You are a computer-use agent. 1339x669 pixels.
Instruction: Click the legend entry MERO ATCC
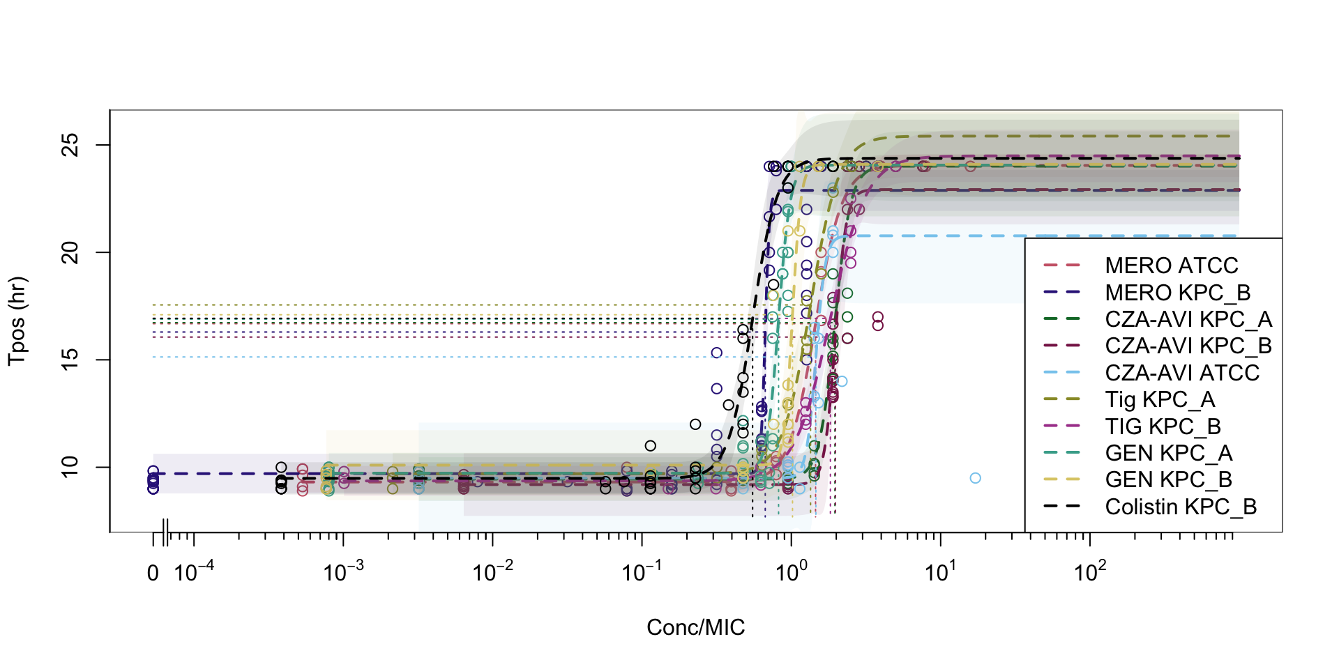(1171, 266)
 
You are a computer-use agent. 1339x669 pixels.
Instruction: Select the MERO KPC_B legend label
(1177, 293)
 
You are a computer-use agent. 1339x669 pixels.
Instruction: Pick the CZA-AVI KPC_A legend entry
(1188, 319)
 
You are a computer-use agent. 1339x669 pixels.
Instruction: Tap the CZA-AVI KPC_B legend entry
(1188, 346)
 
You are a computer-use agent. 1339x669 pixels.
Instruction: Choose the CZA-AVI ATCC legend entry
(1182, 373)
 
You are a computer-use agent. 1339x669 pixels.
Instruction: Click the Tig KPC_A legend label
(1160, 399)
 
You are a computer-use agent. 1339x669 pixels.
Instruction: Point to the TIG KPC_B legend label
(1163, 426)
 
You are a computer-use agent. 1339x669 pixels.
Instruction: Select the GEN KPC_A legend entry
(1168, 453)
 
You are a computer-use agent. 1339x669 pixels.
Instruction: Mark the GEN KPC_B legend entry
(1168, 479)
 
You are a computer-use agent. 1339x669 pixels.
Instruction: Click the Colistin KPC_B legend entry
(1181, 507)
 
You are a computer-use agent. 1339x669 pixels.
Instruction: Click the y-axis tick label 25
(71, 145)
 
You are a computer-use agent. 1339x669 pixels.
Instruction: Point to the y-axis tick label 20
(71, 252)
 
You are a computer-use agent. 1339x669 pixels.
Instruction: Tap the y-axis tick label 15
(71, 360)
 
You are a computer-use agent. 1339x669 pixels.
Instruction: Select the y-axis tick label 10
(71, 467)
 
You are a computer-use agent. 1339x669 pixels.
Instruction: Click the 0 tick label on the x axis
(153, 574)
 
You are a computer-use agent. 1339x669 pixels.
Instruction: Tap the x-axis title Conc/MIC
(695, 627)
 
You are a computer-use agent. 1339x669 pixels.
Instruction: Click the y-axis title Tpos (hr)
(17, 321)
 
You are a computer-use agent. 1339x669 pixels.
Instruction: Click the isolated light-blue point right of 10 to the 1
(975, 478)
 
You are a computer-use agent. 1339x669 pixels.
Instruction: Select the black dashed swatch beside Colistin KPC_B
(1061, 507)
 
